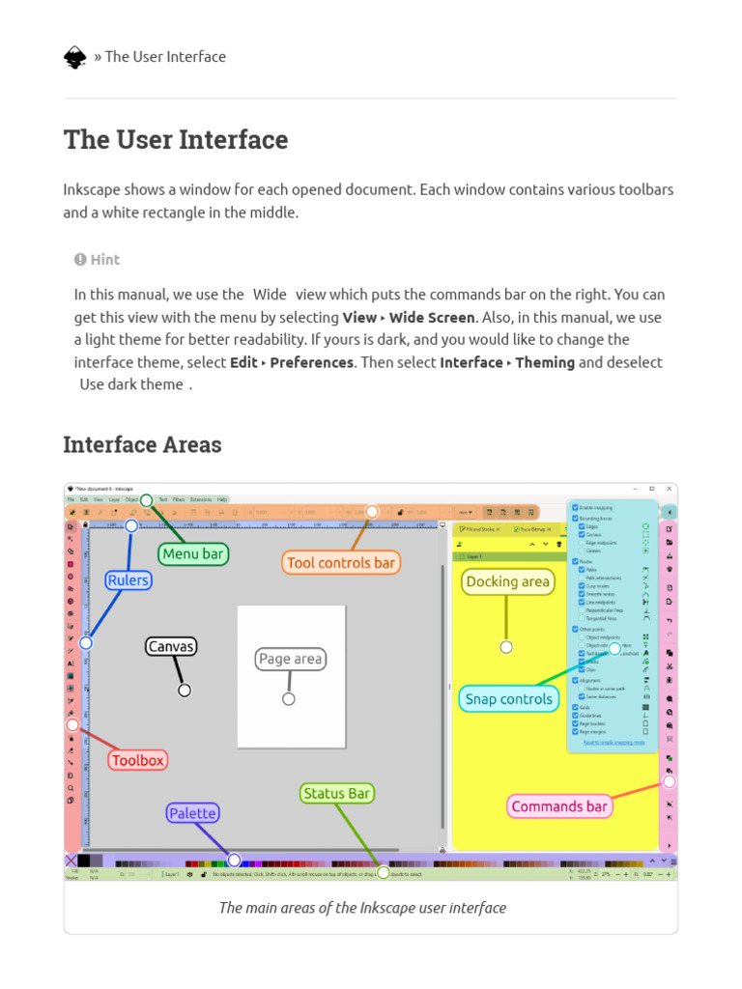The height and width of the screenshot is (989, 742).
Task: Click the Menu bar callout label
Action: point(193,553)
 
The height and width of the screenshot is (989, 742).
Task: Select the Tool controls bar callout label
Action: point(341,562)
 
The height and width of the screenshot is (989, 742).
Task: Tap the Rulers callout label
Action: point(128,580)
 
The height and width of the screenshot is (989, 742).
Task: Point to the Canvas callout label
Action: point(171,646)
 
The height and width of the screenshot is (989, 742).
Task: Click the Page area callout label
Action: point(291,659)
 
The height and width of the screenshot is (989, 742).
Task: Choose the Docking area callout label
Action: point(507,581)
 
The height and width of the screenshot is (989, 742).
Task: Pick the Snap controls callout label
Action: point(508,699)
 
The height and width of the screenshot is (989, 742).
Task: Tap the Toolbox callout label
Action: point(138,760)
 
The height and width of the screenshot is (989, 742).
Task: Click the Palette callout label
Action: point(192,813)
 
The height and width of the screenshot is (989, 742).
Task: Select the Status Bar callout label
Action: point(337,793)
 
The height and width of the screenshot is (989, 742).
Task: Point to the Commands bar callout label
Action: point(559,806)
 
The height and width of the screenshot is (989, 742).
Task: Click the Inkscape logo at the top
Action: point(75,57)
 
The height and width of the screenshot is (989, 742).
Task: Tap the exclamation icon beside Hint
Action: point(80,259)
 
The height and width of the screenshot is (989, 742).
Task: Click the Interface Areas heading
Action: point(142,444)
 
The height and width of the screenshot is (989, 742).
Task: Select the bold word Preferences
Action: point(311,362)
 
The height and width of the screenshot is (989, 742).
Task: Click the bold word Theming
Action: point(545,362)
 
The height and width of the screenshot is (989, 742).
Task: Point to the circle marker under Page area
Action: point(288,699)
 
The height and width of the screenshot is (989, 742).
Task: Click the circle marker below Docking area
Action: point(506,647)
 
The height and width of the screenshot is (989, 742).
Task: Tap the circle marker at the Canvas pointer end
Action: point(185,690)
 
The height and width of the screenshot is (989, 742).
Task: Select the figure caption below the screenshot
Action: point(362,907)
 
